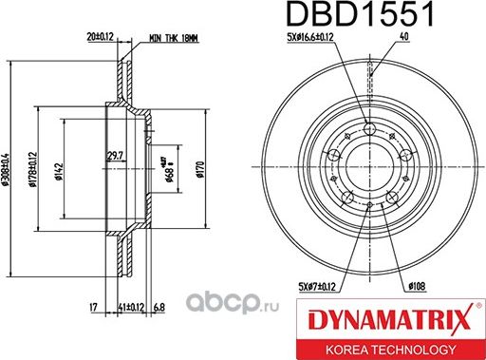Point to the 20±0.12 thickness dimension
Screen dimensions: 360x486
[x=102, y=37]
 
